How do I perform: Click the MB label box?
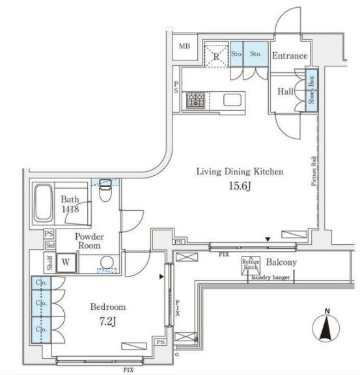pyautogui.click(x=184, y=46)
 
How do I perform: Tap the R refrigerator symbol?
pyautogui.click(x=216, y=55)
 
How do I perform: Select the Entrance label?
pyautogui.click(x=289, y=56)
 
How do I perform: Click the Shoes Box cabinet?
pyautogui.click(x=311, y=90)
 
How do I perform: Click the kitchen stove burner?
pyautogui.click(x=195, y=101)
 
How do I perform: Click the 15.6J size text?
pyautogui.click(x=240, y=187)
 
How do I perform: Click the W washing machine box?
pyautogui.click(x=66, y=262)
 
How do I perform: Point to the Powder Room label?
pyautogui.click(x=89, y=242)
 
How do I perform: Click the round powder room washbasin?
pyautogui.click(x=107, y=262)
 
